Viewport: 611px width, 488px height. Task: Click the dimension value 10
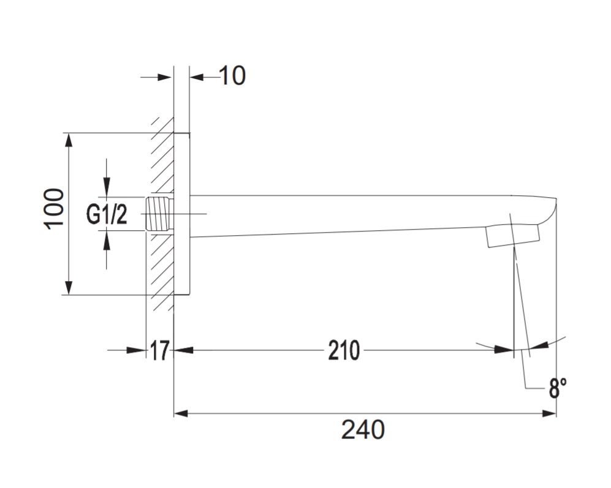[233, 75]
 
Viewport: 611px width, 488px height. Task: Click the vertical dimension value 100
[54, 209]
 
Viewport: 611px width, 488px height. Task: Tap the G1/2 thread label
[107, 214]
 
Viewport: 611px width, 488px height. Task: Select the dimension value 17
[159, 350]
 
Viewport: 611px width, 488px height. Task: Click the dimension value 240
[363, 430]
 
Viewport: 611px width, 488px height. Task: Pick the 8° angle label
[558, 388]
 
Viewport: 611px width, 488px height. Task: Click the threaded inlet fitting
[159, 214]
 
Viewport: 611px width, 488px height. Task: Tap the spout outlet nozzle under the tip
[512, 235]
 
